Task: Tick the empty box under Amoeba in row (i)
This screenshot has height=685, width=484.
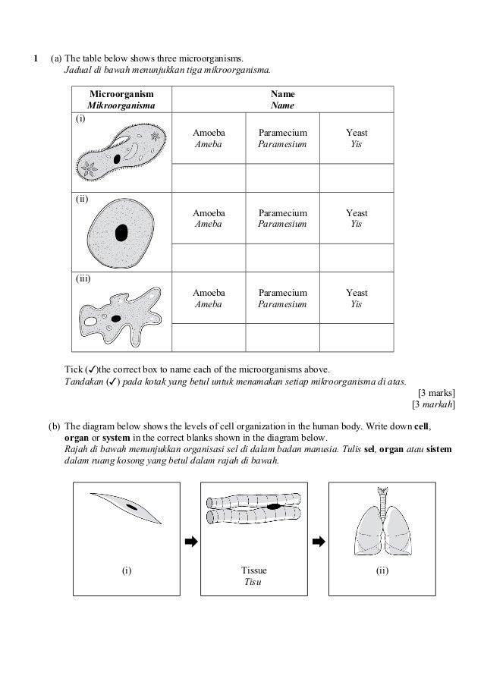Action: pos(209,178)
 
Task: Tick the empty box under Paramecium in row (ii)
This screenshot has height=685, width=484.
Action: pos(282,257)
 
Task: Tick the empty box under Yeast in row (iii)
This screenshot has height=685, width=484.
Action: pos(357,338)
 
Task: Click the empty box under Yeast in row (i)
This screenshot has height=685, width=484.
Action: pos(357,178)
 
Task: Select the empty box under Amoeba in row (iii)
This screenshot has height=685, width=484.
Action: pos(209,338)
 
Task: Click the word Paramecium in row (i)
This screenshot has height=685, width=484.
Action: pos(282,133)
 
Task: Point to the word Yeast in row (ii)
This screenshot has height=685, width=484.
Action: pos(357,214)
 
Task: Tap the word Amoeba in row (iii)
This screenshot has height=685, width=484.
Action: pos(209,293)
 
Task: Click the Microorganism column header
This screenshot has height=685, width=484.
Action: pos(121,99)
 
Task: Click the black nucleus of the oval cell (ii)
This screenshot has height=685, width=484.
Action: pos(121,233)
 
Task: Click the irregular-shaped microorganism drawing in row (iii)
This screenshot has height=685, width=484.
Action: pos(121,313)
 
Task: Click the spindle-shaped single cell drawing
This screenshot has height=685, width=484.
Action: pos(126,507)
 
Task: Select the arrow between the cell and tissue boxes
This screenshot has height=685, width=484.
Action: pos(191,542)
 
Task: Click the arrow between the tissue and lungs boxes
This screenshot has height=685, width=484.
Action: pos(319,542)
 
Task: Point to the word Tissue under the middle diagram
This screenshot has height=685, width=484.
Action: pos(254,570)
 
